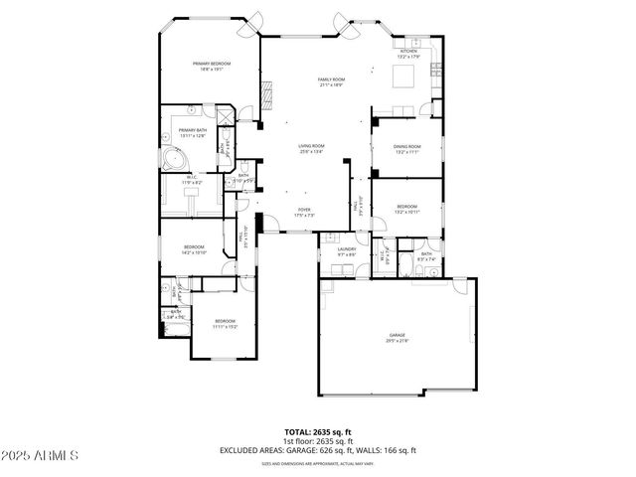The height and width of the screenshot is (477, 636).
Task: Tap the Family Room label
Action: [331, 82]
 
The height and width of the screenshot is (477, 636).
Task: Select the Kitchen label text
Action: [408, 55]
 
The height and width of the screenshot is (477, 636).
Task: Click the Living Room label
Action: [312, 149]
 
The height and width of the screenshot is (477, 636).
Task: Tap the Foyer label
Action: [304, 212]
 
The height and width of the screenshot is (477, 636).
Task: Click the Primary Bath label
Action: [192, 132]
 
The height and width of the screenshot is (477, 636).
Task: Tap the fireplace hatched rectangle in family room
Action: [265, 96]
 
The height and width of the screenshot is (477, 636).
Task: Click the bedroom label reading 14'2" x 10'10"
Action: [193, 248]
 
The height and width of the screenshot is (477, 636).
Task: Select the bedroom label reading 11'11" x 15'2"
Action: [226, 323]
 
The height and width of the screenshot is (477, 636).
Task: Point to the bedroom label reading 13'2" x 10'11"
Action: [406, 210]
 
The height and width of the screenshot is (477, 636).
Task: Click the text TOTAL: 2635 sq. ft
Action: [318, 432]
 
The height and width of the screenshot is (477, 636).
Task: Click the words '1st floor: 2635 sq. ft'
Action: [318, 440]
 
